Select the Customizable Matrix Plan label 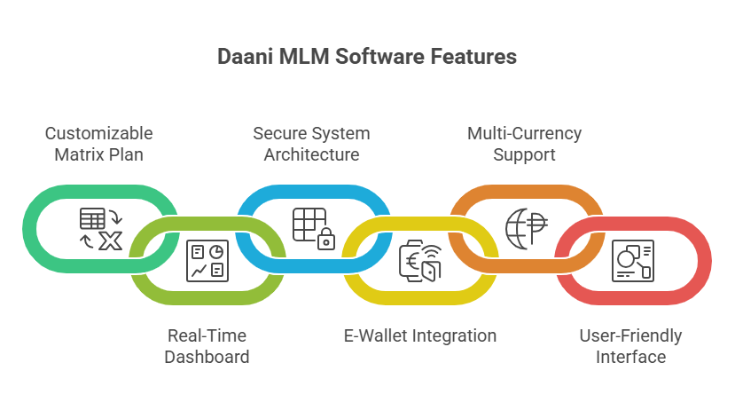[99, 144]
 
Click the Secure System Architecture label [311, 144]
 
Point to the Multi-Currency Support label [525, 144]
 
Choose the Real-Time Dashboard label [207, 346]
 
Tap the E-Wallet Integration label [419, 336]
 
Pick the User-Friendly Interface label [630, 346]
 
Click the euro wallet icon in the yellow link [419, 261]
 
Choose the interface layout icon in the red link [632, 261]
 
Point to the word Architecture [311, 154]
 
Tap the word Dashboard [207, 357]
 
